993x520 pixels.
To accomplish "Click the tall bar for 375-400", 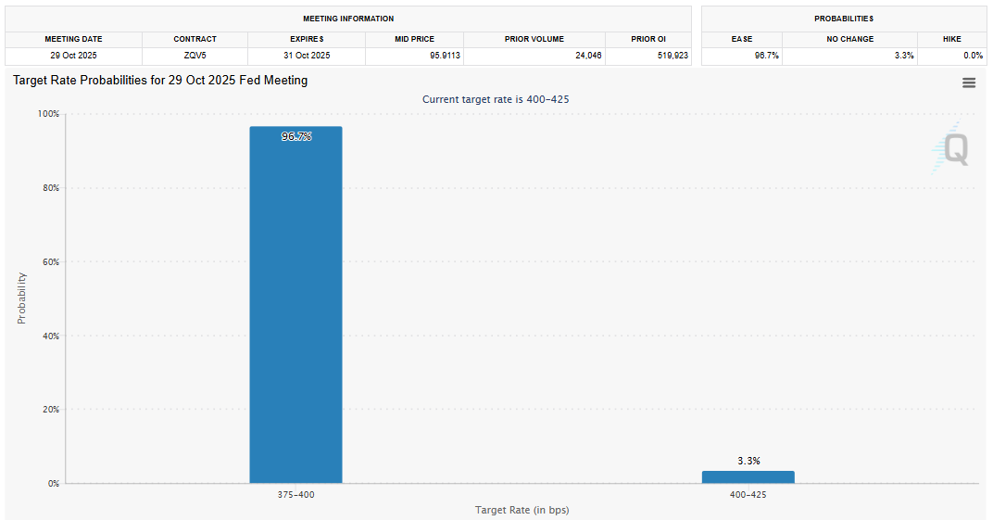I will click(295, 306).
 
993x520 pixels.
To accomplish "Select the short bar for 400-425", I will click(748, 476).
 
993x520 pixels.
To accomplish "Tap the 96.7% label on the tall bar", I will click(296, 136).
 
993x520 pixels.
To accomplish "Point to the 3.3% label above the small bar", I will click(748, 461).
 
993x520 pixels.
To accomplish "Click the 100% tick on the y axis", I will click(48, 114).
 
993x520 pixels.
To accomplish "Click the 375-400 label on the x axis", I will click(295, 495).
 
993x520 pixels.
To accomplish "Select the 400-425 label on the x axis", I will click(748, 495).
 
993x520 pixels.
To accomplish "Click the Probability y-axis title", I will click(21, 298).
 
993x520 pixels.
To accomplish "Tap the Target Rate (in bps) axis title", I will click(522, 511).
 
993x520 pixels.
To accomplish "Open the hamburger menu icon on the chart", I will click(969, 82).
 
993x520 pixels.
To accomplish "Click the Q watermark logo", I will click(952, 148).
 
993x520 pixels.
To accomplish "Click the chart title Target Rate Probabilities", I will click(160, 81).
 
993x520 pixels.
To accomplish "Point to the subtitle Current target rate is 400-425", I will click(502, 99).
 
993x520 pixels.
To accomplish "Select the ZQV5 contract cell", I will click(195, 56).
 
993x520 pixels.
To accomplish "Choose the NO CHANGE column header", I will click(849, 39).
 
